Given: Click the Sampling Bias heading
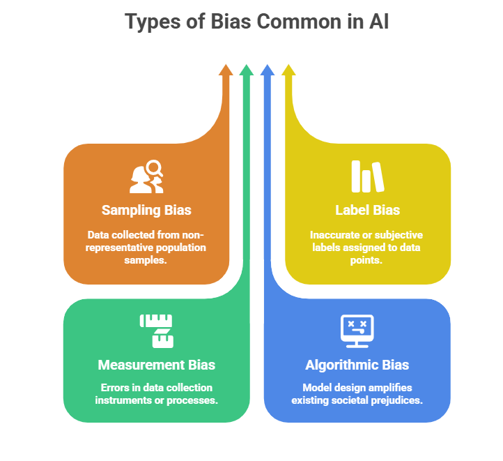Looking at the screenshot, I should [146, 210].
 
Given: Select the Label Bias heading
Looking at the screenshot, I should [367, 210].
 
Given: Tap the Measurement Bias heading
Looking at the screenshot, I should [156, 365].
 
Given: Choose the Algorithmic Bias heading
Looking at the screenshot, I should [357, 365].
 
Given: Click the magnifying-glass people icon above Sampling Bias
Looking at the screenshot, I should [146, 176].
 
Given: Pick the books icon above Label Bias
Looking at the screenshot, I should [367, 176].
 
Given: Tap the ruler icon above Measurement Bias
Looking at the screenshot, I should [157, 331].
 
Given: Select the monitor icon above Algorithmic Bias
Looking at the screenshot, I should [357, 331].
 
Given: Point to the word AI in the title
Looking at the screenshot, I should [376, 22].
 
